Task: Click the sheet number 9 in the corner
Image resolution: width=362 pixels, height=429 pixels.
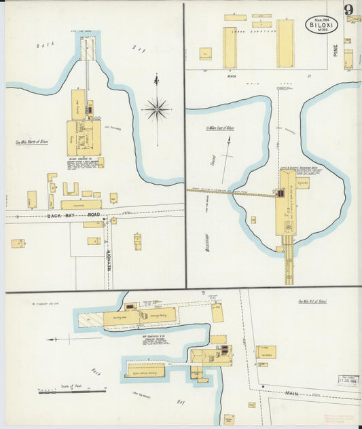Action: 348,10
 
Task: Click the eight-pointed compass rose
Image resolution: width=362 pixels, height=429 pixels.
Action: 156,107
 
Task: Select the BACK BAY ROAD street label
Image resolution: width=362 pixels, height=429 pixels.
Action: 65,216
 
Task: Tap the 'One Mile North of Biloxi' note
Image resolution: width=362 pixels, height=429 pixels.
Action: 32,142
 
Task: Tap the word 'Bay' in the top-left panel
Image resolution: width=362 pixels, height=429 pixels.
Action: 139,49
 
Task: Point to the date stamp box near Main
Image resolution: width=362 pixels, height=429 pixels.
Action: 348,381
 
